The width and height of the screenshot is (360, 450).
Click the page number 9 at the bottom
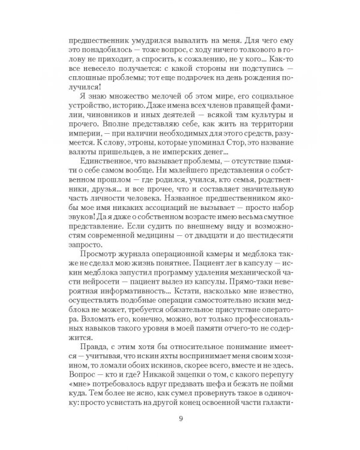tap(180, 419)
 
